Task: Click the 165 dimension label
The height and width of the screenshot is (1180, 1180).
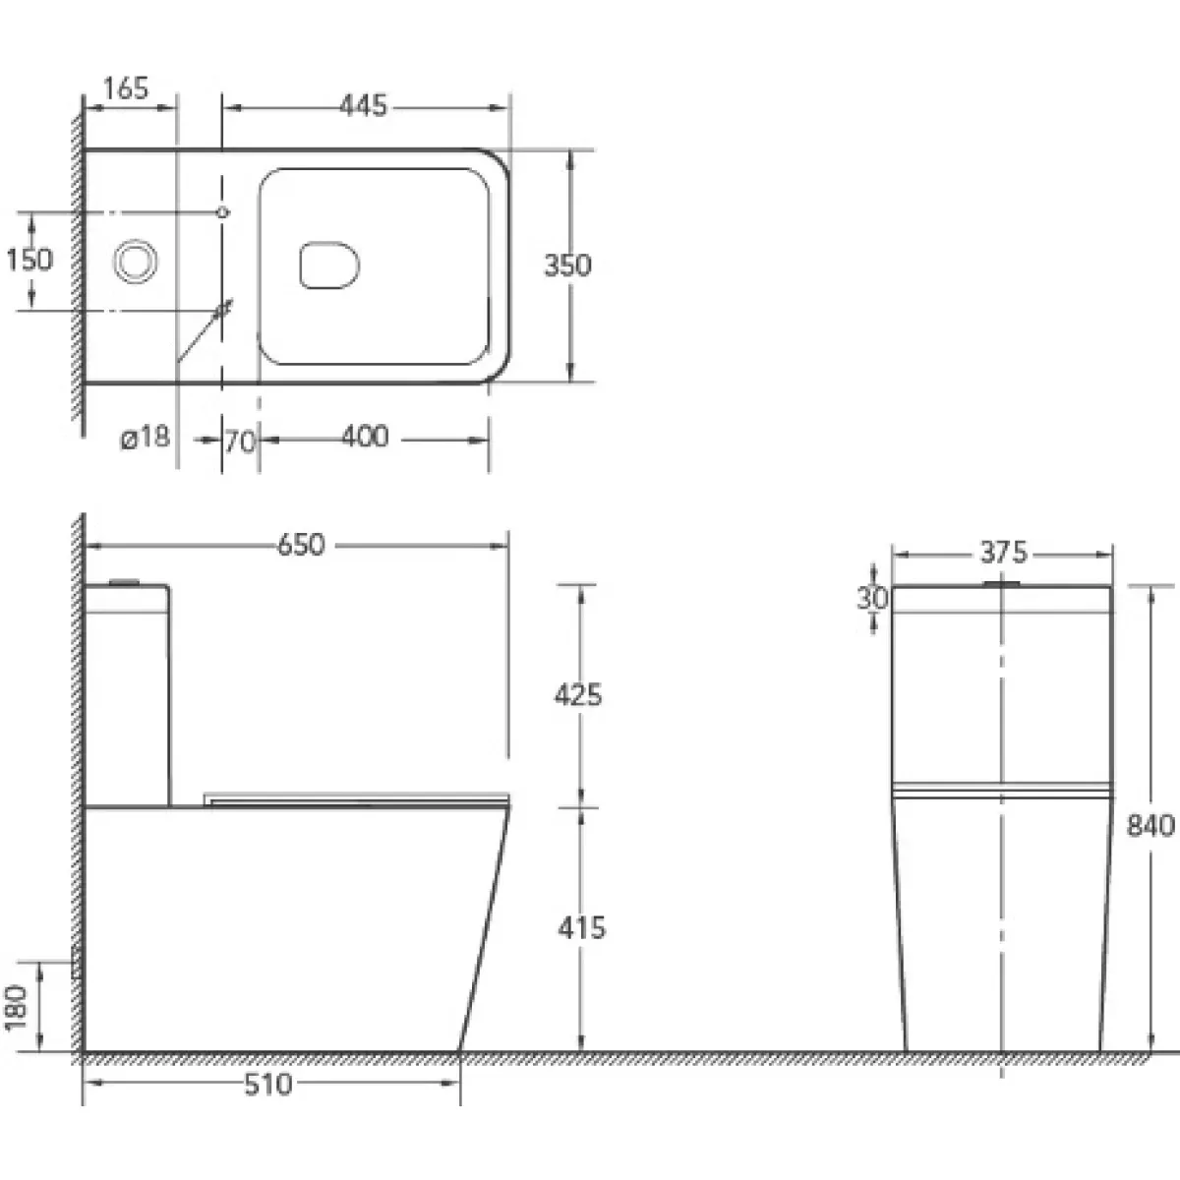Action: [126, 88]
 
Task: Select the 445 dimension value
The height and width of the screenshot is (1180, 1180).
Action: [364, 105]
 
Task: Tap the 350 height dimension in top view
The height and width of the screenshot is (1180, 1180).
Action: [567, 265]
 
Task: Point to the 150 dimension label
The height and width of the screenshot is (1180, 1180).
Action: [29, 260]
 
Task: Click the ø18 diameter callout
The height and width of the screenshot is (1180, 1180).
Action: [145, 438]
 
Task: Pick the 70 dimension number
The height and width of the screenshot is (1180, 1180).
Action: [240, 441]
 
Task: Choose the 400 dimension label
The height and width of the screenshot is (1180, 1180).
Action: [365, 437]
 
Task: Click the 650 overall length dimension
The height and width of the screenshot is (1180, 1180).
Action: [301, 545]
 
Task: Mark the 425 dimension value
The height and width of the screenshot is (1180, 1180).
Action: [578, 695]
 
